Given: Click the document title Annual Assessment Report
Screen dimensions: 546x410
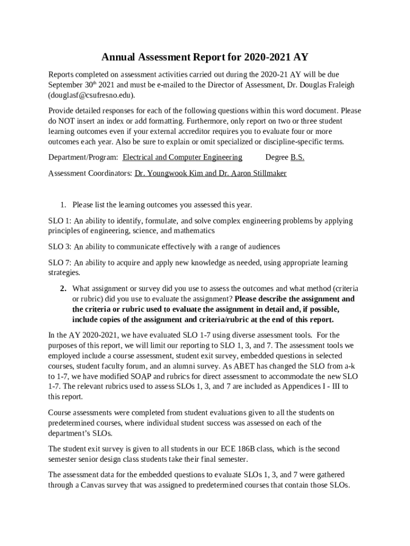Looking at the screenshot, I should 205,57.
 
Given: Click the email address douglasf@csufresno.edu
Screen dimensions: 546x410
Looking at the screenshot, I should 91,95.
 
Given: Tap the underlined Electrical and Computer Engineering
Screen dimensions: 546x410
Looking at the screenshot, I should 182,157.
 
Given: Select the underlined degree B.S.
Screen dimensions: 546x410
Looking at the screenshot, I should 297,157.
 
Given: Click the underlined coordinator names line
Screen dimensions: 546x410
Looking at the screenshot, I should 210,173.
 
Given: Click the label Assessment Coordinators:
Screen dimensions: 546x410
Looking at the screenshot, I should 90,173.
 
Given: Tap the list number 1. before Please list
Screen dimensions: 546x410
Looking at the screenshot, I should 62,205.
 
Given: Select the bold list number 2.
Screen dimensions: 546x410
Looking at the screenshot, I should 62,288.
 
